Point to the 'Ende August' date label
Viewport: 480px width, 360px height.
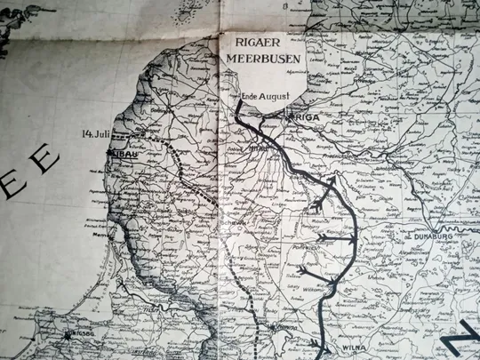[x=265, y=97]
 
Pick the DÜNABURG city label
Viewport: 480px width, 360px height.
[x=434, y=237]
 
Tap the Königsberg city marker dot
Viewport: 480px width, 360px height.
[x=68, y=334]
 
